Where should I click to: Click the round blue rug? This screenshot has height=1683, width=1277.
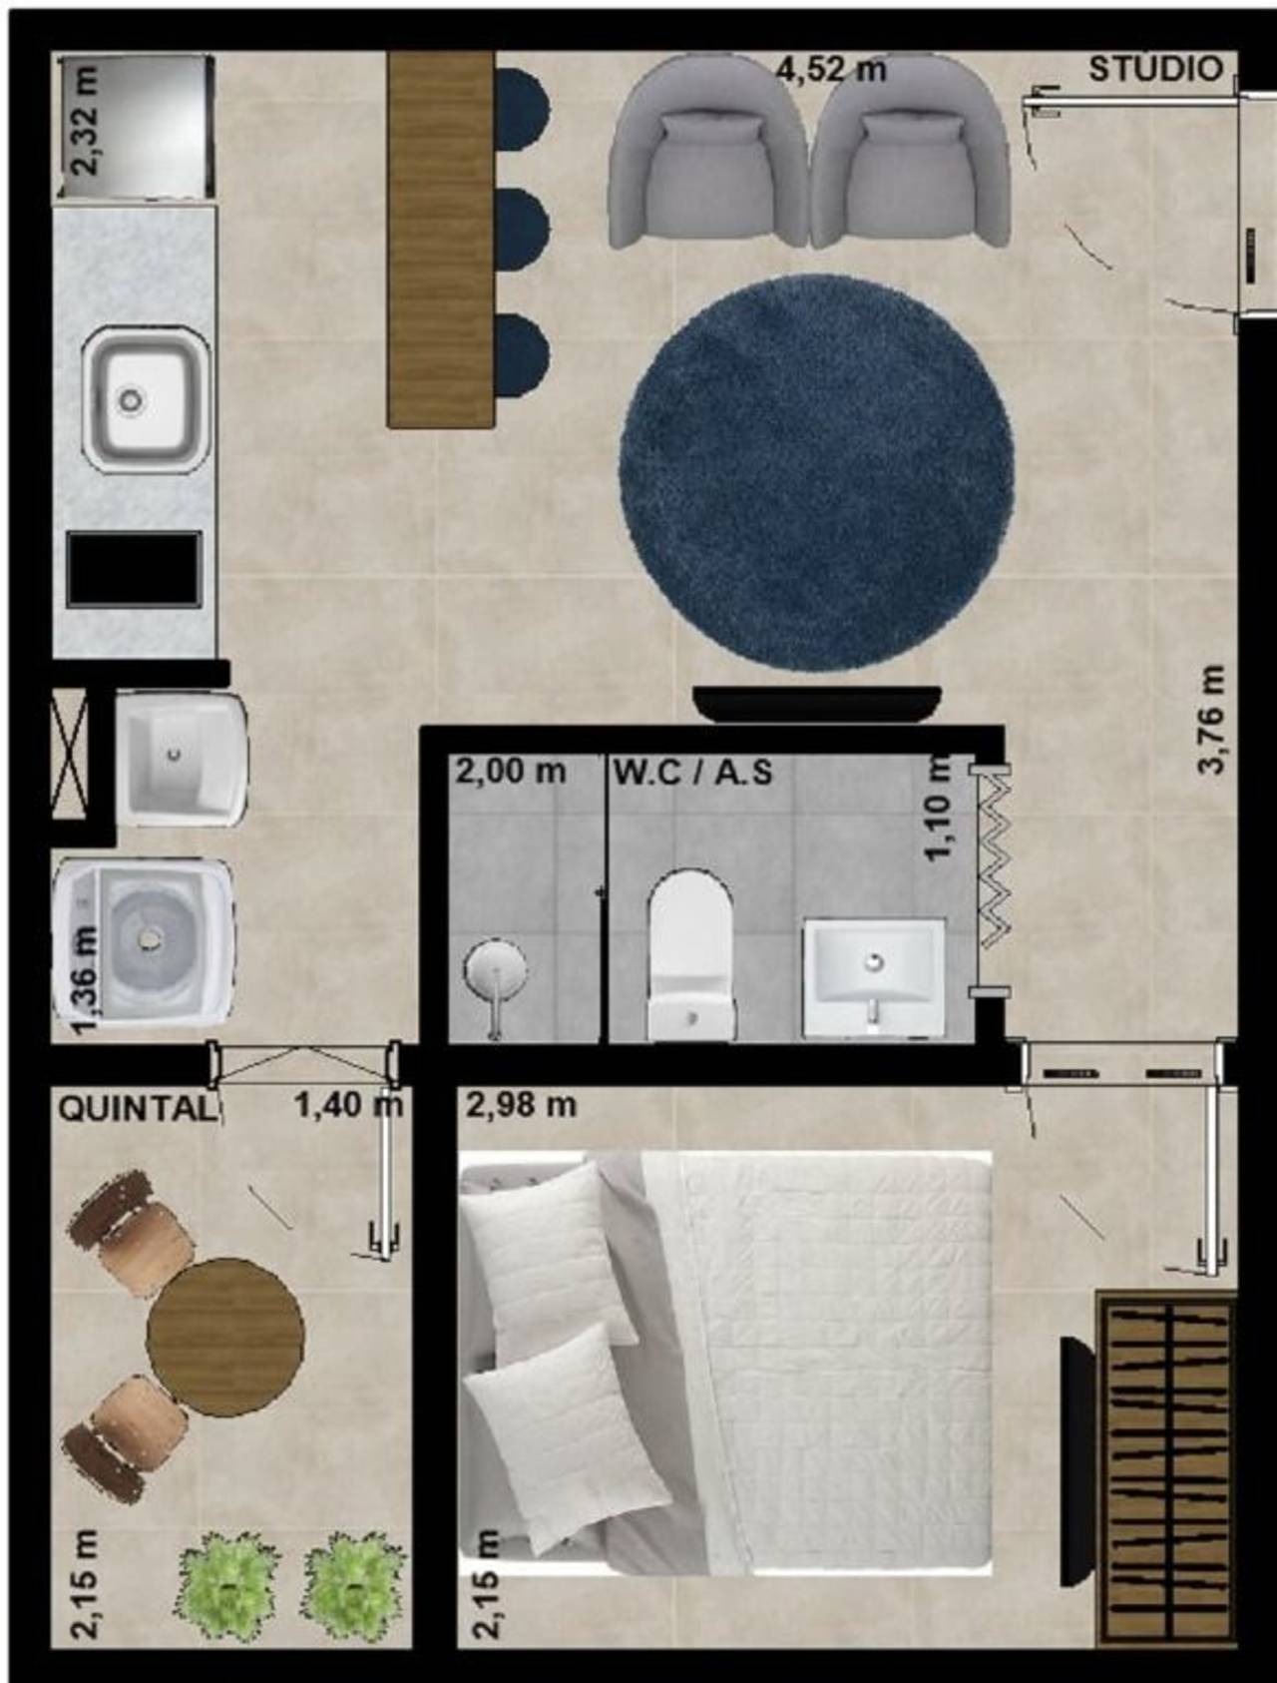pyautogui.click(x=817, y=471)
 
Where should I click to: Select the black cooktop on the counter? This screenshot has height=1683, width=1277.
pyautogui.click(x=134, y=568)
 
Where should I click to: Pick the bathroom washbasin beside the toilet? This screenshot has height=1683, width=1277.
pyautogui.click(x=874, y=977)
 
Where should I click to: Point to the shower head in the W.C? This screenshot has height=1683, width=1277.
pyautogui.click(x=495, y=978)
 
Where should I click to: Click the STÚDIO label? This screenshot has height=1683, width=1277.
pyautogui.click(x=1155, y=69)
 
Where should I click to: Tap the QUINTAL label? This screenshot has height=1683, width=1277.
pyautogui.click(x=137, y=1109)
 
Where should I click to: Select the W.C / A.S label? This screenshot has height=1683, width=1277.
pyautogui.click(x=693, y=772)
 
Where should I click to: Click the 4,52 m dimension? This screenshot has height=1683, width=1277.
pyautogui.click(x=831, y=69)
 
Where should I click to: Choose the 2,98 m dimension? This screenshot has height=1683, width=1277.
pyautogui.click(x=521, y=1105)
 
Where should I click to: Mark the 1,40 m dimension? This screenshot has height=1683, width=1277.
pyautogui.click(x=348, y=1105)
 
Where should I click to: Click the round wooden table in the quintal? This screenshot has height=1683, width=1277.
pyautogui.click(x=225, y=1336)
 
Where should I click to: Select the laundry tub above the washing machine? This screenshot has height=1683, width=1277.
pyautogui.click(x=182, y=759)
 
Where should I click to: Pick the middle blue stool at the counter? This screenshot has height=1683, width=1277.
pyautogui.click(x=522, y=228)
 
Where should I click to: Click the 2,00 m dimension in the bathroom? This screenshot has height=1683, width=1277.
pyautogui.click(x=511, y=772)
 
